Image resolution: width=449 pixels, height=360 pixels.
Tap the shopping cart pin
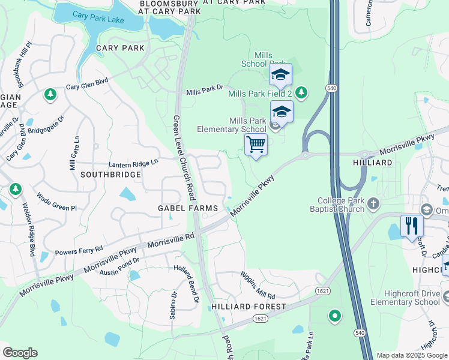click(x=256, y=145)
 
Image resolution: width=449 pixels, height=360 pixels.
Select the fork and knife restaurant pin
click(x=411, y=226)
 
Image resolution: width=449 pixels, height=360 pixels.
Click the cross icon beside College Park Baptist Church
click(x=373, y=203)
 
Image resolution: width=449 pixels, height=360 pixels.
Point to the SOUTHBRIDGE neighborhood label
click(x=111, y=175)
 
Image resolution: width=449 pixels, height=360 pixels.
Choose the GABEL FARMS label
click(x=187, y=208)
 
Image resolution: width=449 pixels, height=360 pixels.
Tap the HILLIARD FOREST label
click(x=249, y=307)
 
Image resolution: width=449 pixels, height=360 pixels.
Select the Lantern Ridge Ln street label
click(x=133, y=163)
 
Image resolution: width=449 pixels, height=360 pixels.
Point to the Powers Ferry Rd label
click(x=79, y=250)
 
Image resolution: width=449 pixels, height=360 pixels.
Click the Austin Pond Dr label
click(x=119, y=266)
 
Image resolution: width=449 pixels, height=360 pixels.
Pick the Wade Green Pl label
click(x=56, y=202)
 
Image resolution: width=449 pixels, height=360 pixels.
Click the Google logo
click(x=20, y=353)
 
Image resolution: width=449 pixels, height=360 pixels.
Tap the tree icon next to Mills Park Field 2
click(x=301, y=92)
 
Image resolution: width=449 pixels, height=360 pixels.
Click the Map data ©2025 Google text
click(x=412, y=355)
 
